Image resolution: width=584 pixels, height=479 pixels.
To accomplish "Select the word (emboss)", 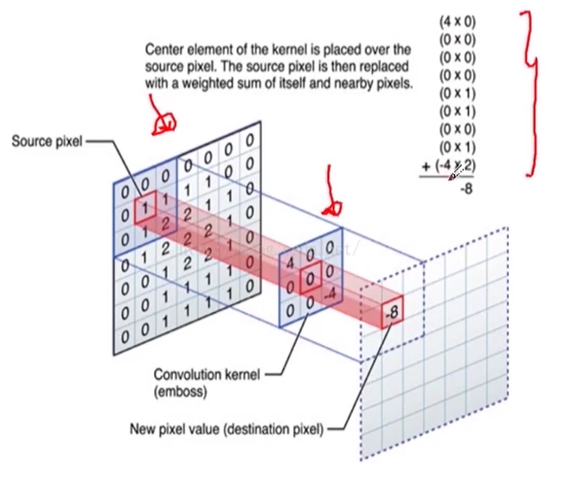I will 180,391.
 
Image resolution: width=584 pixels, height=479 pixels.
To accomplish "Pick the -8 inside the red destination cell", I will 392,312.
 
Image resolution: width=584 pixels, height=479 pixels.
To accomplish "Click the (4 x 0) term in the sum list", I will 457,20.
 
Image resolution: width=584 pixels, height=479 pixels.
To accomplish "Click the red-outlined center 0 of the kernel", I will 309,280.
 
